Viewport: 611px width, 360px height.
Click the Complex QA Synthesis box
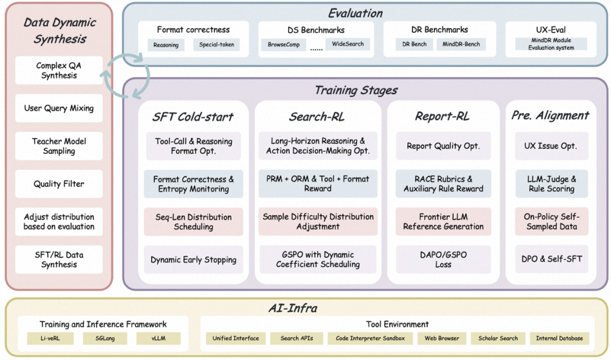(59, 71)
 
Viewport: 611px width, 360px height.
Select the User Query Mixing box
(59, 108)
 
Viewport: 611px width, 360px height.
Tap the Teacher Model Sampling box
(59, 146)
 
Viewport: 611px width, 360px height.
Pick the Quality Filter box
(59, 184)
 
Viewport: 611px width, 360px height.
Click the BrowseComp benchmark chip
(284, 44)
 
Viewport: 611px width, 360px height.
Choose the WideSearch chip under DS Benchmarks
(348, 44)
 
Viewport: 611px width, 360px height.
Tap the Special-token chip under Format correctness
(216, 45)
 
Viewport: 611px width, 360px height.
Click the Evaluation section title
(355, 13)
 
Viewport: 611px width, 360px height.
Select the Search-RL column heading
(317, 117)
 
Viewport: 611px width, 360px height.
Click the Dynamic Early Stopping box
(193, 260)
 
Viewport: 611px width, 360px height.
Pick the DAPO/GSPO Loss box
(444, 260)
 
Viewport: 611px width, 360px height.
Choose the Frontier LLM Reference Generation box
(444, 222)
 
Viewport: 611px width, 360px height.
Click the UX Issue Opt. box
(552, 146)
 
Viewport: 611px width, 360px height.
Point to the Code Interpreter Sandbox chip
(371, 338)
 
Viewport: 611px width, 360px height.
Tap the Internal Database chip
(560, 338)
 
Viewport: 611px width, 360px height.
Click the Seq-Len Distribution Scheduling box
(193, 222)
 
